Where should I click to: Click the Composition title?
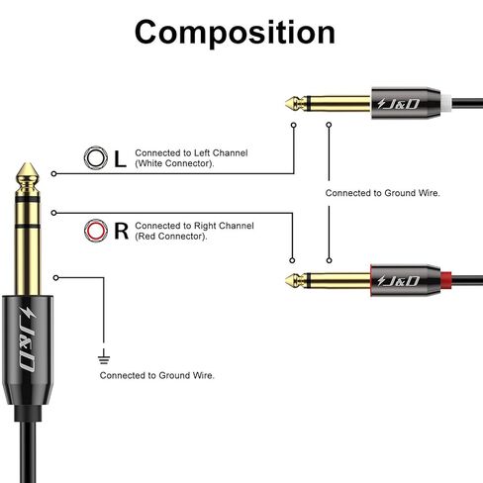(235, 33)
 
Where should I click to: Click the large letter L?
(120, 158)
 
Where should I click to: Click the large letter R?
(121, 232)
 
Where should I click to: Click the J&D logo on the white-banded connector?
(398, 104)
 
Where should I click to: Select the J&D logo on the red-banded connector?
(398, 281)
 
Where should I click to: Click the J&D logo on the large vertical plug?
(28, 339)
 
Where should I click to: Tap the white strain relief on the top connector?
(445, 103)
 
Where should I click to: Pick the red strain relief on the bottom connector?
(445, 280)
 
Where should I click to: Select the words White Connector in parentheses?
(174, 163)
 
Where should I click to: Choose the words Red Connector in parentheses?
(171, 237)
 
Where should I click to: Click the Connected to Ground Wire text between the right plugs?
(383, 193)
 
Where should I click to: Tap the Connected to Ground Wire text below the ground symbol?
(157, 375)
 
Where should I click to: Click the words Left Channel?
(221, 152)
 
